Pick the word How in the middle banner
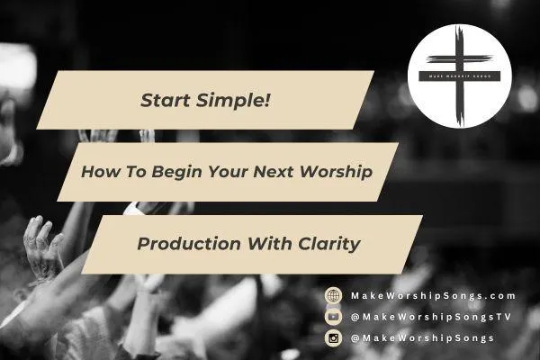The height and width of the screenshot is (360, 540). point(96,171)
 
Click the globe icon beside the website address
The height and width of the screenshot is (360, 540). point(334,295)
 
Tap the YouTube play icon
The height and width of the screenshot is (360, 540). point(334,317)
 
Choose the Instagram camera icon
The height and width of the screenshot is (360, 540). point(334,338)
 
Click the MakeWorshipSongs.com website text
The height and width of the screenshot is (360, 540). point(433,295)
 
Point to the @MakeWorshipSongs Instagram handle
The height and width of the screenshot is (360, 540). point(422,338)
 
